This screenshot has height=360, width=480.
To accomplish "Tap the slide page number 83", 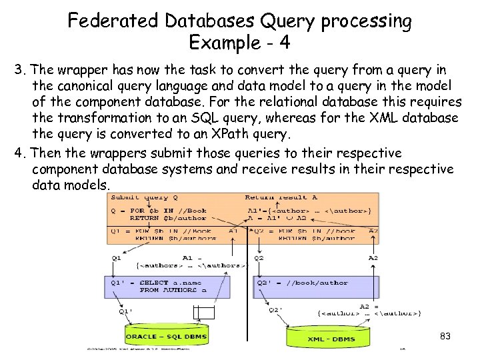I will tap(446, 336).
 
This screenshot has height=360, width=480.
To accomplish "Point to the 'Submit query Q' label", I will tap(144, 197).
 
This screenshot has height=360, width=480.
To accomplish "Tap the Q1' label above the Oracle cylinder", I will tap(127, 311).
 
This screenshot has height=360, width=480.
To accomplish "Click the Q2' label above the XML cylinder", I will tap(275, 309).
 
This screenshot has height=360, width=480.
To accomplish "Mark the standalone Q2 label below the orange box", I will tap(259, 257).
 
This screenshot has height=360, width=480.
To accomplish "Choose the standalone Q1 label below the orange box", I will tap(117, 257).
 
